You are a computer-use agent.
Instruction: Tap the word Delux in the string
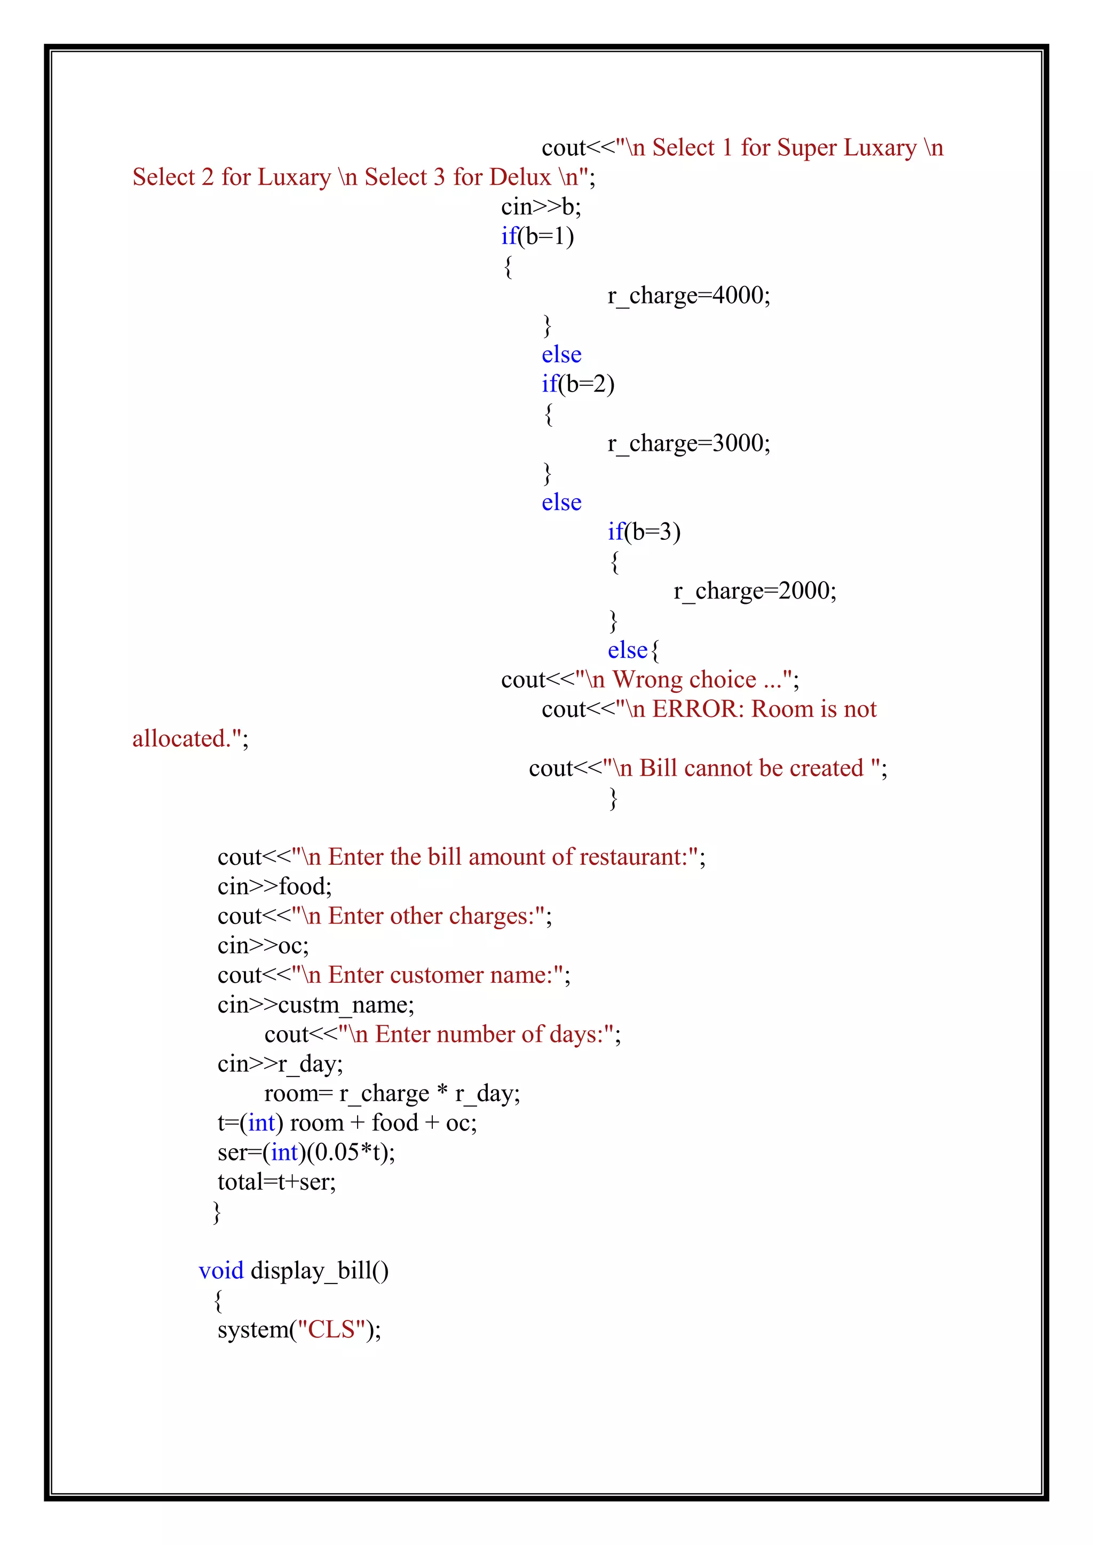tap(520, 177)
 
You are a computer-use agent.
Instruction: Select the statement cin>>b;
tap(541, 206)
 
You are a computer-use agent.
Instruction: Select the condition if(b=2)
tap(577, 384)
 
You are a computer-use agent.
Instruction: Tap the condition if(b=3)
tap(644, 531)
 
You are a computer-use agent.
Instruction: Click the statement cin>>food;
tap(275, 886)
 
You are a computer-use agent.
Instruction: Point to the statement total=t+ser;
tap(276, 1182)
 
